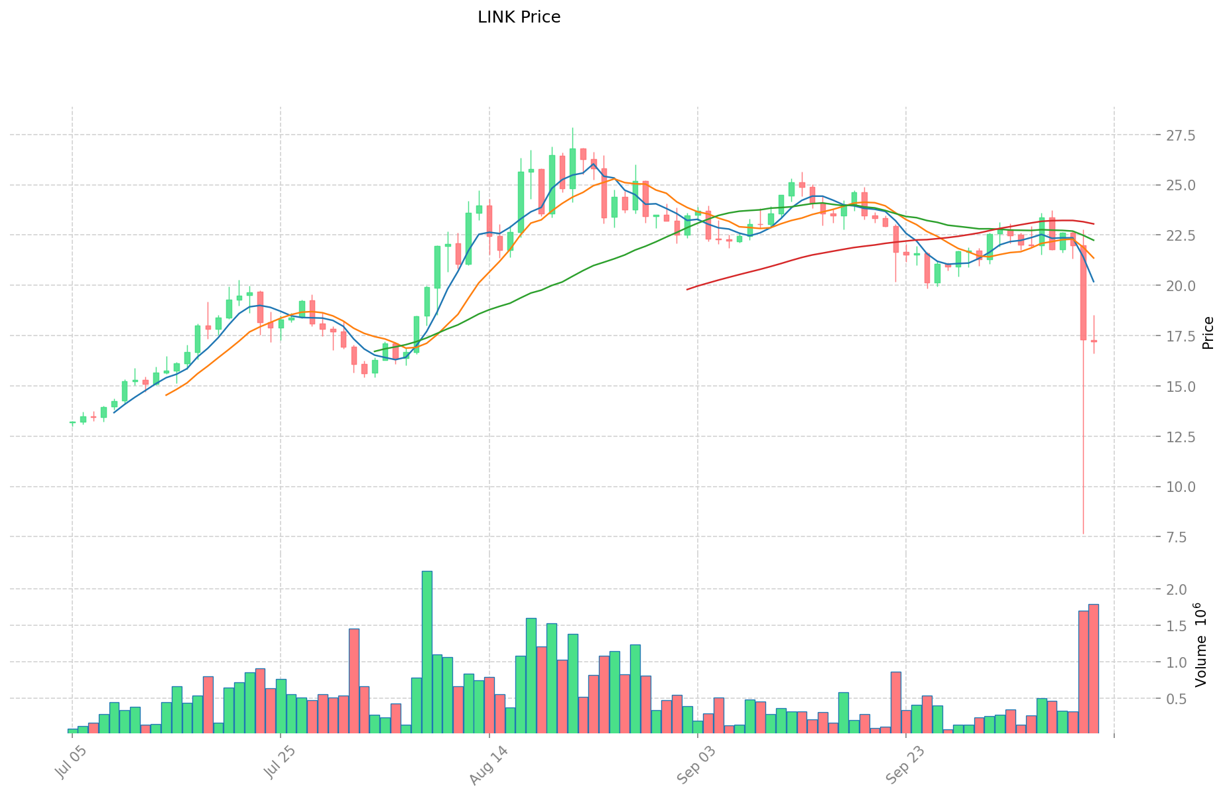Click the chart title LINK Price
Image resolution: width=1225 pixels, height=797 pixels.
519,17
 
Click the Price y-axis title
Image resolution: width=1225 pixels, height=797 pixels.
1208,333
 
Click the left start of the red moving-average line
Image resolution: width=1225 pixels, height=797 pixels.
687,289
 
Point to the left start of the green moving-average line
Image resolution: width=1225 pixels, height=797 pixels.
375,351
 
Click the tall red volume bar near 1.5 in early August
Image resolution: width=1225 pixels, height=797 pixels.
354,680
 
